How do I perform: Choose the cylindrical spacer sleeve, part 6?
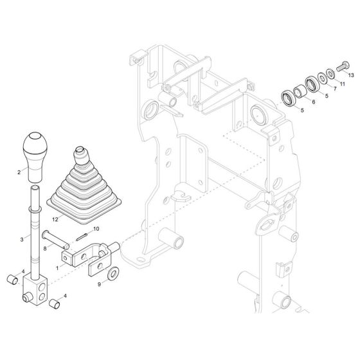300,90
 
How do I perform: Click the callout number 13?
351,75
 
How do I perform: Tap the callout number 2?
19,172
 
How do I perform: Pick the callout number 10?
96,230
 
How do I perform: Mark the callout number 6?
314,102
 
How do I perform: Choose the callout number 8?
46,245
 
